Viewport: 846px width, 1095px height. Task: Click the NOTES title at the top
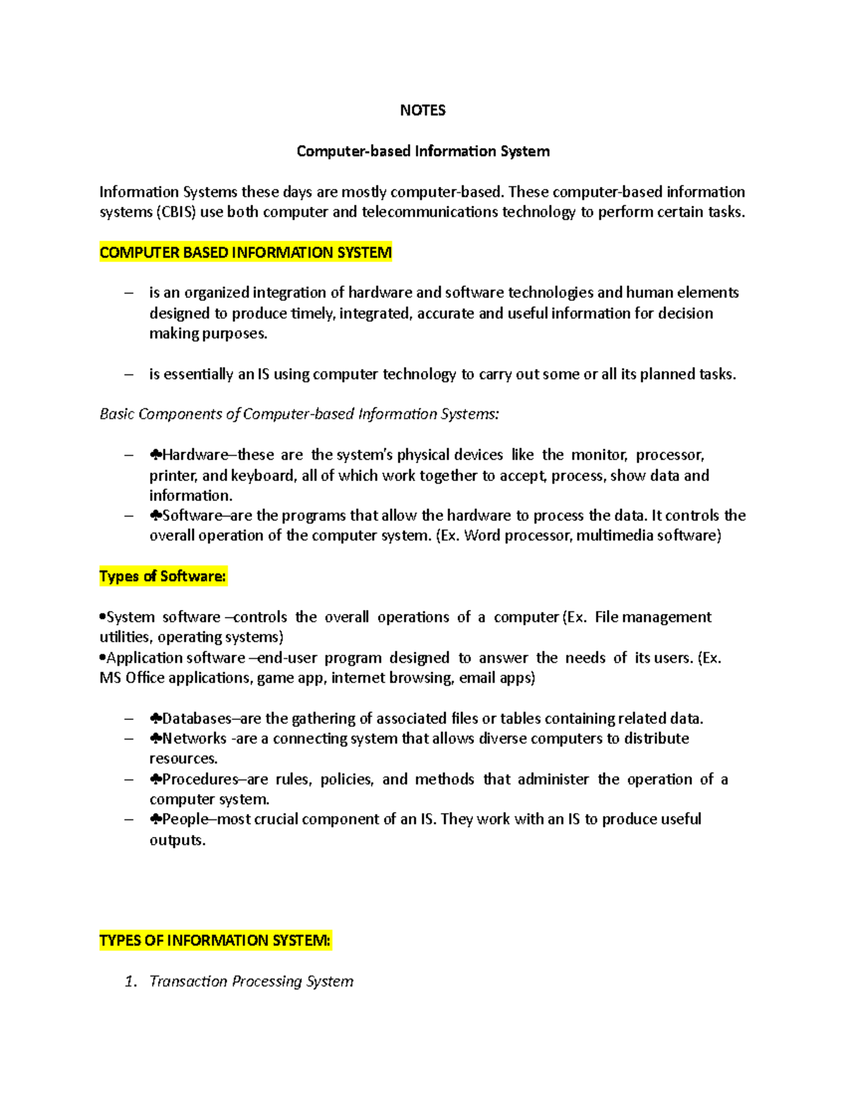click(x=422, y=110)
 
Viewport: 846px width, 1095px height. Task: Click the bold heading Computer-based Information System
click(x=423, y=151)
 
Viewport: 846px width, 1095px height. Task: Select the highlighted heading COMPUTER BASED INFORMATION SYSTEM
click(x=245, y=252)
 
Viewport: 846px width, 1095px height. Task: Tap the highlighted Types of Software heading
click(x=163, y=576)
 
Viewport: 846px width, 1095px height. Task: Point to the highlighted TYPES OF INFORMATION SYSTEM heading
click(x=215, y=941)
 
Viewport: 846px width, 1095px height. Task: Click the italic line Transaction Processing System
click(x=252, y=981)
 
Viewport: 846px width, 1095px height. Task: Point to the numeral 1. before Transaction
click(x=130, y=981)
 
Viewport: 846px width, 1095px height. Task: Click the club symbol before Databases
click(x=156, y=718)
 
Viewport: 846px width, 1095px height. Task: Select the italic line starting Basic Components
click(x=299, y=414)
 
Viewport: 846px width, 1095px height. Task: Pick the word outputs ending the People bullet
click(x=176, y=840)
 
